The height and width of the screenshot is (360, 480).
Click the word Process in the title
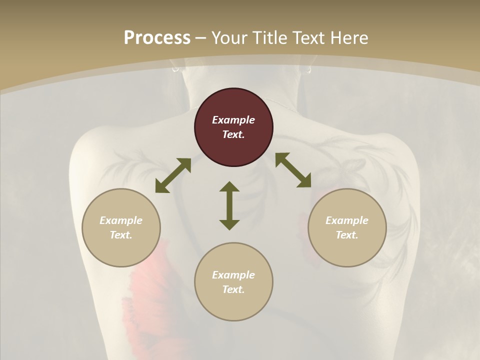point(157,37)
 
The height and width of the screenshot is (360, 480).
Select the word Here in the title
point(349,37)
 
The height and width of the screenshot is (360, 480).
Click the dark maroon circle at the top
point(233,127)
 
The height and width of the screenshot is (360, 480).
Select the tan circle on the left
point(121,227)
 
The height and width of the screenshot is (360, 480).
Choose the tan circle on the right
point(347,227)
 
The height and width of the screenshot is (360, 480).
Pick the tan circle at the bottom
point(233,281)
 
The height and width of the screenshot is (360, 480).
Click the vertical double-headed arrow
point(229,205)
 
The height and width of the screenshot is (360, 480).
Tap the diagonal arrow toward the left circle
point(173,175)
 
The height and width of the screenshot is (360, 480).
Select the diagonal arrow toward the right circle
point(293,170)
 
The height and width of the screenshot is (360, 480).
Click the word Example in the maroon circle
point(233,120)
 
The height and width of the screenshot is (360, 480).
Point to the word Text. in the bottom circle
point(233,289)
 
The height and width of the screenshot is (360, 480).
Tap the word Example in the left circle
point(121,220)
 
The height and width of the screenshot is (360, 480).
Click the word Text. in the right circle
point(347,235)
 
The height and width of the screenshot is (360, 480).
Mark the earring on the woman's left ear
point(176,69)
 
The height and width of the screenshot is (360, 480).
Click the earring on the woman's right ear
point(307,70)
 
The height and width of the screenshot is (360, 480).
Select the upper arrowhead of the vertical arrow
point(229,186)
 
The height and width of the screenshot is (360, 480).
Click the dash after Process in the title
point(200,39)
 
